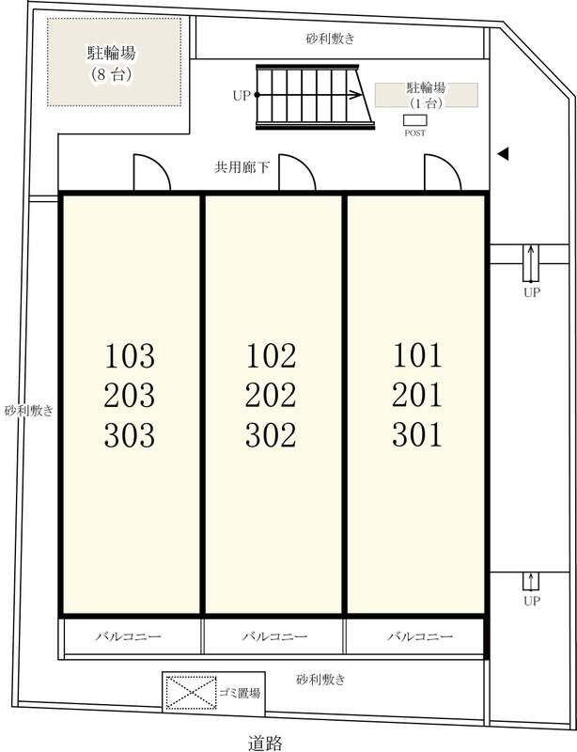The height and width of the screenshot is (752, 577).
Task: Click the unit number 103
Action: [130, 356]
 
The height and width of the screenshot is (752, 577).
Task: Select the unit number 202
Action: [271, 395]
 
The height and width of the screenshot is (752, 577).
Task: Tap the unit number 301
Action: [417, 434]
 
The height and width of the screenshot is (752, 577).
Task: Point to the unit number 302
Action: [271, 435]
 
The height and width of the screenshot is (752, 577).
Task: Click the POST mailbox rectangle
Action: [414, 120]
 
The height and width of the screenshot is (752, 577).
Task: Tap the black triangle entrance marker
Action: [503, 154]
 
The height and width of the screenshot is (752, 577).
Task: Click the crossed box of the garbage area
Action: [192, 693]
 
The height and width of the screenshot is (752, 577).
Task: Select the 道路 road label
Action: [266, 743]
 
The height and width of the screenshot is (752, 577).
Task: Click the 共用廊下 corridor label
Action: [242, 167]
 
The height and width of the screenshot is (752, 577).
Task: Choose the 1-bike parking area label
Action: [426, 95]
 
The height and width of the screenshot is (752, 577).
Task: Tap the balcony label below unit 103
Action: [128, 636]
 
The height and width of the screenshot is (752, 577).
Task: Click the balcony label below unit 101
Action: [420, 636]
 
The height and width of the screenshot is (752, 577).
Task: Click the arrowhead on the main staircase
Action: [356, 95]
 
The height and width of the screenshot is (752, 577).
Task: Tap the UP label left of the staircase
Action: [242, 96]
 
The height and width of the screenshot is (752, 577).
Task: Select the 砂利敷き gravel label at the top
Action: [330, 39]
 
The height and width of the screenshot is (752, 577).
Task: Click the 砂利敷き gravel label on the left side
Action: [29, 411]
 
